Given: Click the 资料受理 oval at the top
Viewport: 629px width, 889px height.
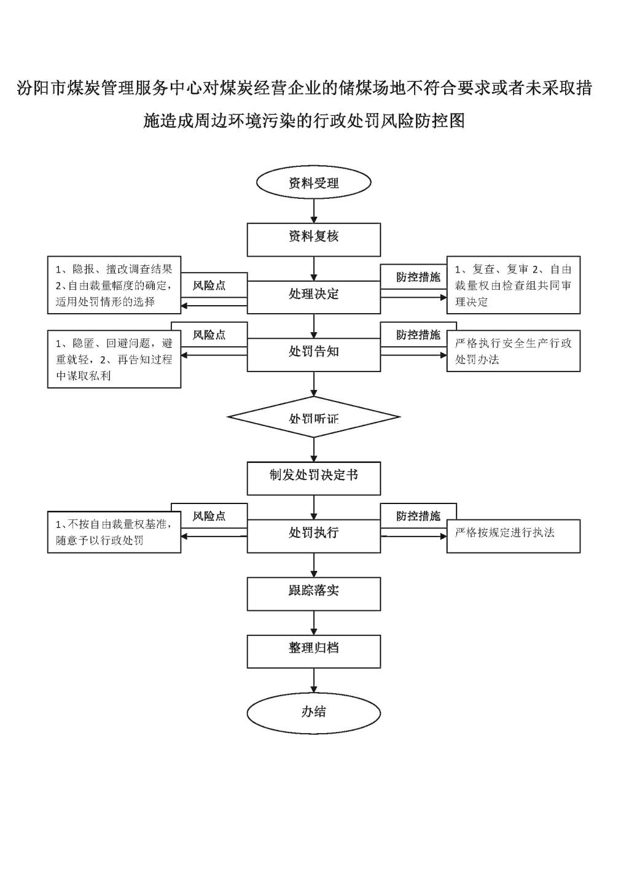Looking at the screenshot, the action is point(314,182).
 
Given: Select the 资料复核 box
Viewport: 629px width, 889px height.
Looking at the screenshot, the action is point(314,239).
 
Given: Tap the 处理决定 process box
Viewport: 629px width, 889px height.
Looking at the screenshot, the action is point(314,297).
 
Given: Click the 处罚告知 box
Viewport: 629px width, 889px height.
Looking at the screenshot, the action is point(314,354).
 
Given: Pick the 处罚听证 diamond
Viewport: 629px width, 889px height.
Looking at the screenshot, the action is point(314,417).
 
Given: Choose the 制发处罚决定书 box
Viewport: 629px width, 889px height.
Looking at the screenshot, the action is point(314,478).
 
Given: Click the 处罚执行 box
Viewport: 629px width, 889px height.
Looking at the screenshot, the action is point(314,536).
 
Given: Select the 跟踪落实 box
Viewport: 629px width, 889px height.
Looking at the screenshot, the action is point(314,594).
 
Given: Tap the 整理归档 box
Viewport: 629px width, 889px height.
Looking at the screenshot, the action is point(314,651).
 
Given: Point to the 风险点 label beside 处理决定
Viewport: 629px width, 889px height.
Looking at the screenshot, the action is point(209,285).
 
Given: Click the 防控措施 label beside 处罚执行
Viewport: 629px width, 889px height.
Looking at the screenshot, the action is point(418,516).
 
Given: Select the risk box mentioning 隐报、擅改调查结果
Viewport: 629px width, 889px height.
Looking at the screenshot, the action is point(114,285).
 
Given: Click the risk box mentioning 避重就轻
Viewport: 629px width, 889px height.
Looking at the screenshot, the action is point(114,359).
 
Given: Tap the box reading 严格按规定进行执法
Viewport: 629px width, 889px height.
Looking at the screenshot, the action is point(514,536).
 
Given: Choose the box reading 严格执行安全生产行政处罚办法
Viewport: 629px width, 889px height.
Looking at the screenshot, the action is point(514,351).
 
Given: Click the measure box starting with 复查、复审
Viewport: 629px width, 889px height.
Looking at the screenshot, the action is point(514,285).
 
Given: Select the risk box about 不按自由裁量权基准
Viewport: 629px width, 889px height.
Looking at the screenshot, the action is point(114,532).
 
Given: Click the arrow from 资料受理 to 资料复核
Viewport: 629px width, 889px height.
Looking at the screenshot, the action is point(314,211).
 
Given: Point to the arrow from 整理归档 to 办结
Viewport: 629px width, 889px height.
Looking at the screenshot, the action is point(314,681).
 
